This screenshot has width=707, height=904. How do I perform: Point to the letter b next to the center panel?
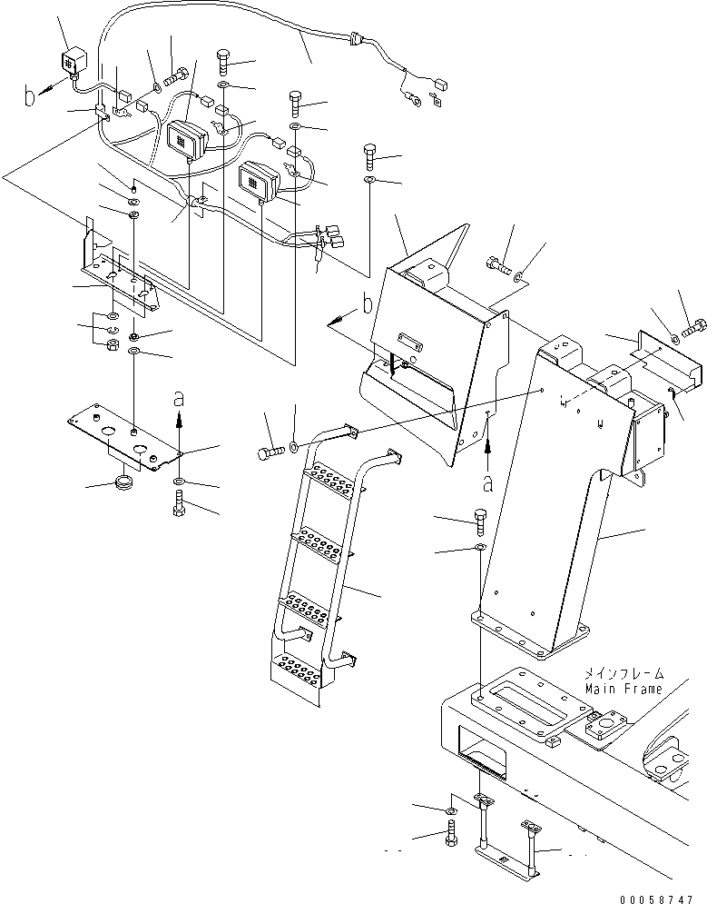pyautogui.click(x=368, y=305)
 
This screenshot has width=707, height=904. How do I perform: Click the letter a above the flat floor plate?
pyautogui.click(x=179, y=398)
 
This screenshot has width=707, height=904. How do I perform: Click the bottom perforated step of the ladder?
pyautogui.click(x=298, y=671)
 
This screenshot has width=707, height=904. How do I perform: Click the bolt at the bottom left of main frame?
pyautogui.click(x=451, y=832)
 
